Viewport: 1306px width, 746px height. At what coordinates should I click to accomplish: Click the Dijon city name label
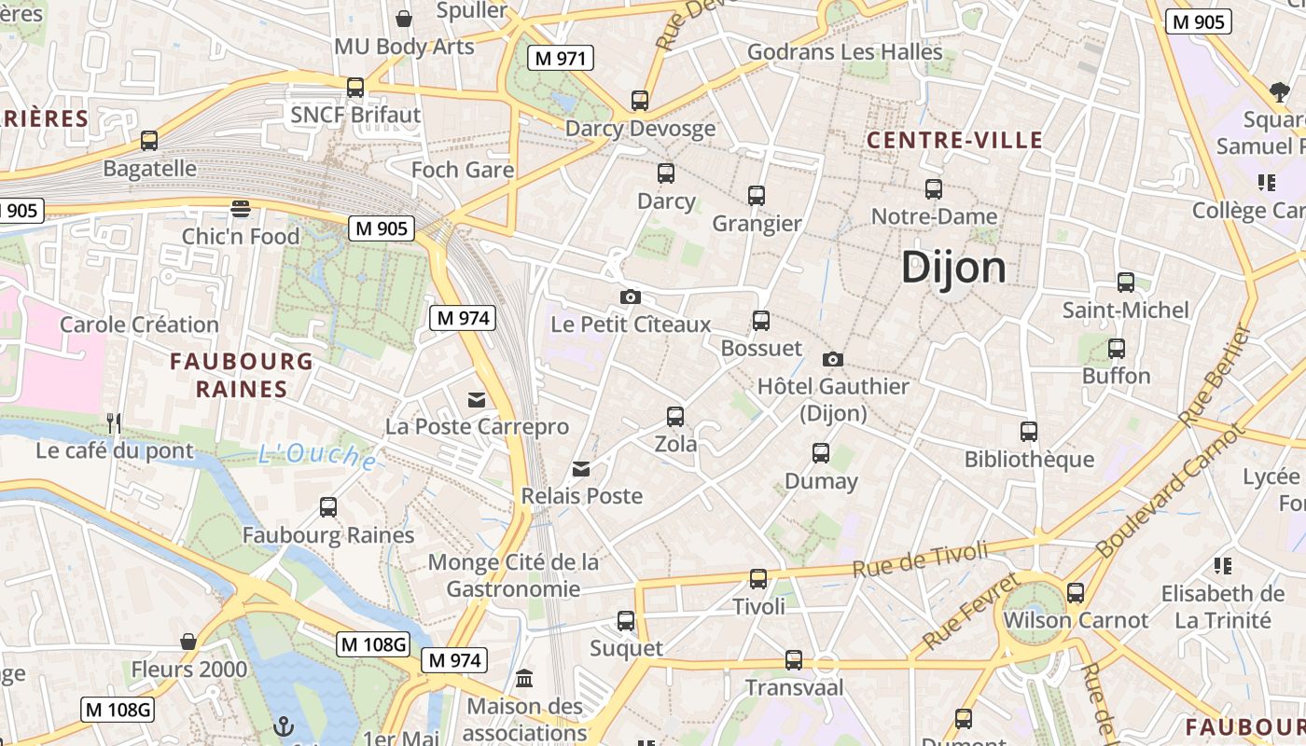coord(953,269)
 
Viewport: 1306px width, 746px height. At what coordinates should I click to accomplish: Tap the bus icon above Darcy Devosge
coord(640,101)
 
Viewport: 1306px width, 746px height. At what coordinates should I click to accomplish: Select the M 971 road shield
coord(560,59)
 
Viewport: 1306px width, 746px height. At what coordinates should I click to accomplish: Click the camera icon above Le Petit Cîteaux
coord(631,297)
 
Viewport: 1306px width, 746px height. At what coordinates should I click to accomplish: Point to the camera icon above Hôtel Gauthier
coord(833,359)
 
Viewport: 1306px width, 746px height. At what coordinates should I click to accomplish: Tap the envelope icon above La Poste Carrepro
coord(477,400)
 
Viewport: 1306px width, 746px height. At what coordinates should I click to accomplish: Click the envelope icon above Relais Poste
coord(581,469)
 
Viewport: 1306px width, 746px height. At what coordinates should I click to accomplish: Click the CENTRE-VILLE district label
coord(954,141)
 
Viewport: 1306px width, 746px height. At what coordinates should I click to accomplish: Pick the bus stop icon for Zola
coord(675,417)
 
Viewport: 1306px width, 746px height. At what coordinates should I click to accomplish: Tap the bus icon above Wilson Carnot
coord(1076,593)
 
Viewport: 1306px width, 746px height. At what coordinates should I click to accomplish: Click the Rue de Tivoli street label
coord(920,558)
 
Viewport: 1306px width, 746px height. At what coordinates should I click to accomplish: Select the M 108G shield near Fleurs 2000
coord(373,644)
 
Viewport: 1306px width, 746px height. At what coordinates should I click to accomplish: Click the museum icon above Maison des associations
coord(524,678)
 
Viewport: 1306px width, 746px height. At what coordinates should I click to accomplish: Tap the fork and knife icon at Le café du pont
coord(114,423)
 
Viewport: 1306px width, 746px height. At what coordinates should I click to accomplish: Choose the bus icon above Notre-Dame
coord(934,189)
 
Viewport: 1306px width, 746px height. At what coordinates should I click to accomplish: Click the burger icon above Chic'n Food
coord(241,208)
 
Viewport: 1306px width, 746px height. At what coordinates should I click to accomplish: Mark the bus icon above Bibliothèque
coord(1029,432)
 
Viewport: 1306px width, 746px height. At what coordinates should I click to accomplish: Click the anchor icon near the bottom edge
coord(283,725)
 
